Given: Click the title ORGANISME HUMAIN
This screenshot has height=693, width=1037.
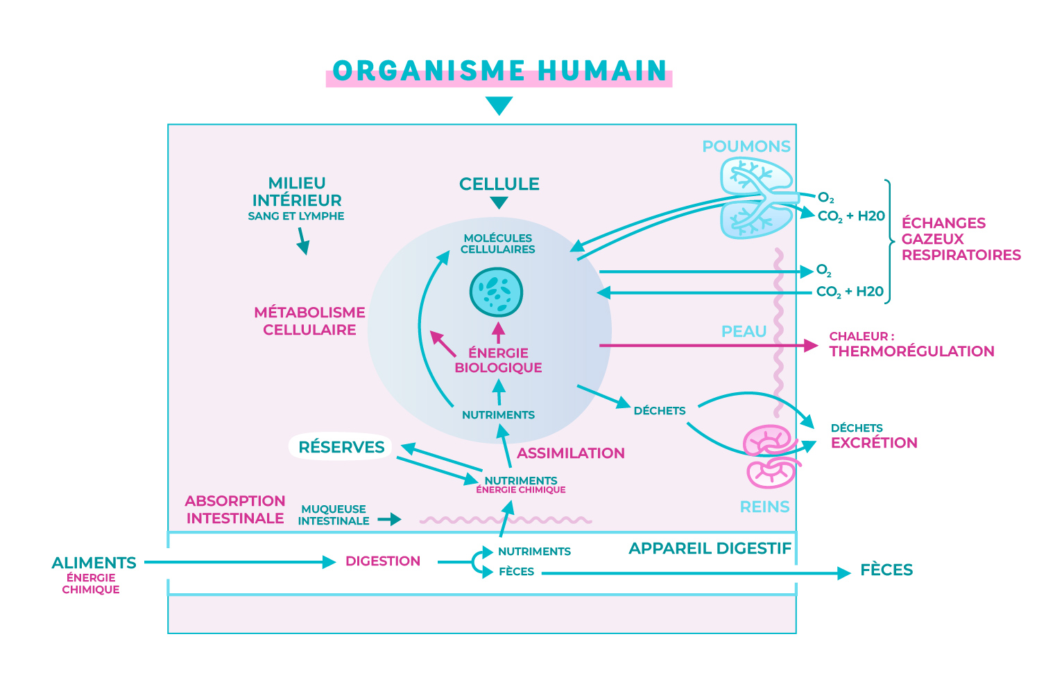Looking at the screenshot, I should [499, 71].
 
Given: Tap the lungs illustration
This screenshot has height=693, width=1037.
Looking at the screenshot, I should [755, 198].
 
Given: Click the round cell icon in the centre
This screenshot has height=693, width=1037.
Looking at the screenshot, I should [496, 292].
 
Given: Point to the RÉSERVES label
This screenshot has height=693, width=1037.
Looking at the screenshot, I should [341, 447].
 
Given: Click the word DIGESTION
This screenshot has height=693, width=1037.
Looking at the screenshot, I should [383, 561].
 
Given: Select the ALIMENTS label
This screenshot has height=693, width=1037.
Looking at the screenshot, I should [94, 563].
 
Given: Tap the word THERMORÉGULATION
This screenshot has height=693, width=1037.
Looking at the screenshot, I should [911, 351].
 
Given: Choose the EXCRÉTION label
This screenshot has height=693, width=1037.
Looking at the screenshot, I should [874, 443].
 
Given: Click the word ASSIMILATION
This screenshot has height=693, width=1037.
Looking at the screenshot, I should [571, 453].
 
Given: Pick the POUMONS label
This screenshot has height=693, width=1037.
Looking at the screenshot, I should [746, 146].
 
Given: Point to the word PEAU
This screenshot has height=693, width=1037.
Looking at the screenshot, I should [744, 331].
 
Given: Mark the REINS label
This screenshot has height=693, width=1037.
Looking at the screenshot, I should [764, 507].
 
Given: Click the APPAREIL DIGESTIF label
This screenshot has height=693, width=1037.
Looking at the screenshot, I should [710, 549].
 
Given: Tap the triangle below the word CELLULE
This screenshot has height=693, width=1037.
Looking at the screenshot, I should [499, 202].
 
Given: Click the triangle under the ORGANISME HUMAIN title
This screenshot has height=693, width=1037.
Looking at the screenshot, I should [499, 105].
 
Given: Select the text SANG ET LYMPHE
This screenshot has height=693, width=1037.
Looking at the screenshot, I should [296, 216].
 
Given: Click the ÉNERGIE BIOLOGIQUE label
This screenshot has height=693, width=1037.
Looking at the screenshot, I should [498, 360].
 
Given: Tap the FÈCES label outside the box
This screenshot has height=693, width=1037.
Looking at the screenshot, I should [886, 570].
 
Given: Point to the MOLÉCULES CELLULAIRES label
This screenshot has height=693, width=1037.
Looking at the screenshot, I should [498, 243].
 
